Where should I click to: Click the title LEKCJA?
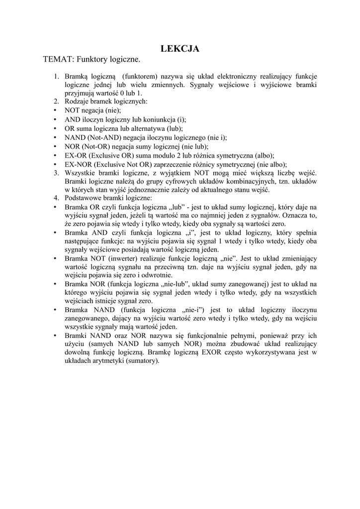(x=180, y=48)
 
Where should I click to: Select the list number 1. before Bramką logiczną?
(x=56, y=77)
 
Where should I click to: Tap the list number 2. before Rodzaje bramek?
(x=56, y=101)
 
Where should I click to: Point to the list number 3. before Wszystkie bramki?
(x=56, y=173)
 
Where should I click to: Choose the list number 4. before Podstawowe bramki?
(x=56, y=198)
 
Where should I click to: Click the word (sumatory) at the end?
(x=140, y=361)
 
